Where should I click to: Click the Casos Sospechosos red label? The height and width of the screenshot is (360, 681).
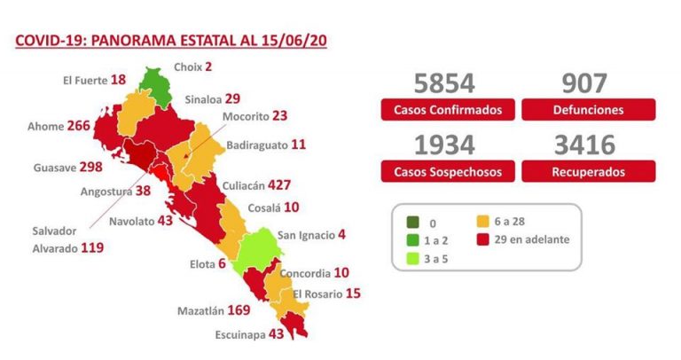point(448,171)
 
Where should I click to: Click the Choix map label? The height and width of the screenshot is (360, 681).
point(187,66)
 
